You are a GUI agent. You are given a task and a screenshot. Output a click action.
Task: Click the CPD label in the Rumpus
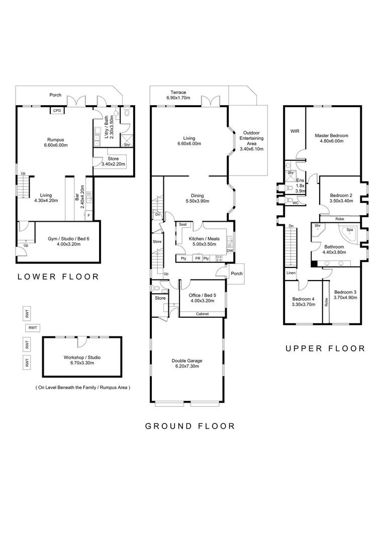[57, 111]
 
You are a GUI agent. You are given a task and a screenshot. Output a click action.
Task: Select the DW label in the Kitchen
[230, 251]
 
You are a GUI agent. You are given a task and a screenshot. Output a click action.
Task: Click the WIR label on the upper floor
[295, 131]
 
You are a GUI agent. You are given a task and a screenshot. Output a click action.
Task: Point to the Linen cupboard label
[291, 273]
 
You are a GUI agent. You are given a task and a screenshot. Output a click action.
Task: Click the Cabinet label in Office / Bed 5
[202, 314]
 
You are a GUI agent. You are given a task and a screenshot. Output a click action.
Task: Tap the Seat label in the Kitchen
[183, 224]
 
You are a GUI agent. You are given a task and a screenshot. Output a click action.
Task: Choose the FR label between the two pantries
[198, 258]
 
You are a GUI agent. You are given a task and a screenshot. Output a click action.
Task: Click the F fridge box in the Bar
[88, 215]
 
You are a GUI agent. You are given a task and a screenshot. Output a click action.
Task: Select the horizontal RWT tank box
[33, 328]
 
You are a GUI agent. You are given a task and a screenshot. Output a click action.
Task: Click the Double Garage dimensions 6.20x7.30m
[187, 366]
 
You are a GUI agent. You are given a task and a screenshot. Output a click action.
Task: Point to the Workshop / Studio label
[82, 357]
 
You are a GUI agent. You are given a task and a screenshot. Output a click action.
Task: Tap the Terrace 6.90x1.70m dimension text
[178, 98]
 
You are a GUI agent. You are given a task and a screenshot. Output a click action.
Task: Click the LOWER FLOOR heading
[58, 277]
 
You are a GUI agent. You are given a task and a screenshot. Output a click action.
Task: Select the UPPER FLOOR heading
[326, 348]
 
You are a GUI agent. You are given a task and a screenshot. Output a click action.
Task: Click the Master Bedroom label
[331, 136]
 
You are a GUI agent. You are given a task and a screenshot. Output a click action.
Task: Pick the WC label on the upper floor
[296, 203]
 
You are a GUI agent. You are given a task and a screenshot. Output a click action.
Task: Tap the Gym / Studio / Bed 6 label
[68, 239]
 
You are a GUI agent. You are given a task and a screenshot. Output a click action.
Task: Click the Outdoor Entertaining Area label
[252, 138]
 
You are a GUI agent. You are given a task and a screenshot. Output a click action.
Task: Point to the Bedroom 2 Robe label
[340, 219]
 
